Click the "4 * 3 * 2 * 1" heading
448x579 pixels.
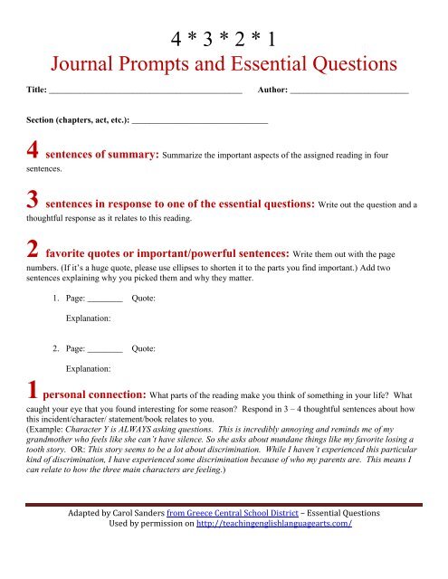click(x=224, y=40)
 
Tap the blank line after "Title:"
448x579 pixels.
click(x=146, y=92)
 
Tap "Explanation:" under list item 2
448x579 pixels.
click(x=89, y=368)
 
